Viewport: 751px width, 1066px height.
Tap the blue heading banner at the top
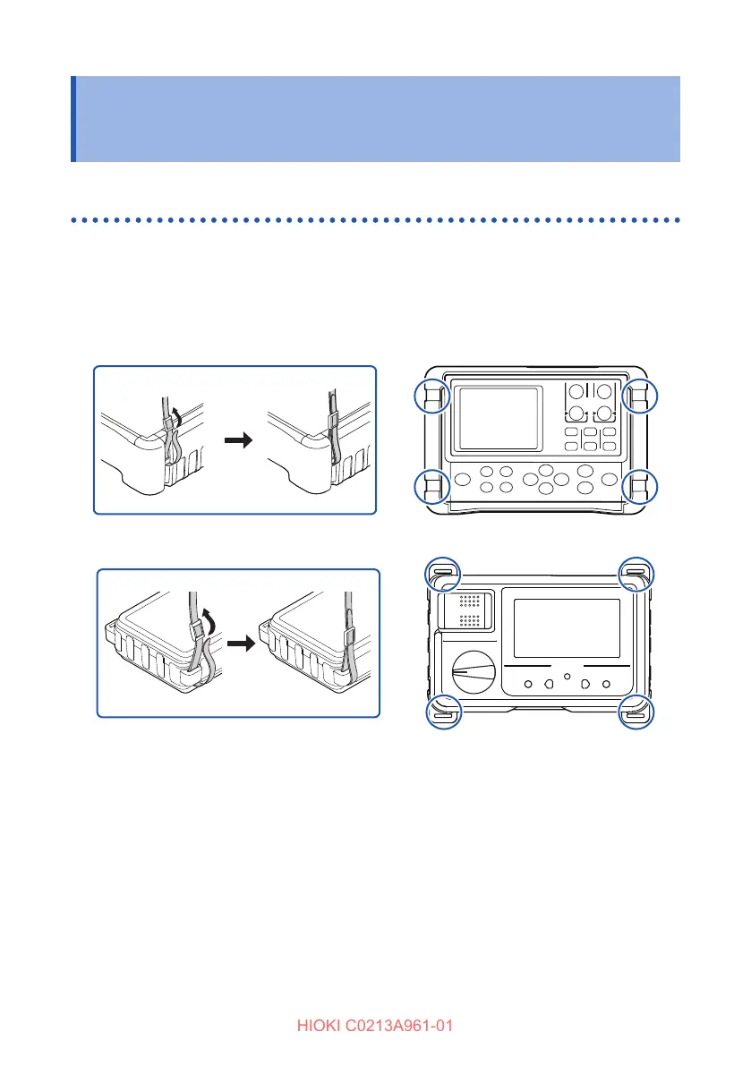376,118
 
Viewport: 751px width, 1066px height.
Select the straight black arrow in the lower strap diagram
238,644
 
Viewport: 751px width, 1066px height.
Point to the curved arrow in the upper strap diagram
177,414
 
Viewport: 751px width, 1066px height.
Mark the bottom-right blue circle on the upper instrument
640,485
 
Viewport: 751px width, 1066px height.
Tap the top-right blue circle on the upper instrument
640,396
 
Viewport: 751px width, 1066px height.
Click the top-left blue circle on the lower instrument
440,573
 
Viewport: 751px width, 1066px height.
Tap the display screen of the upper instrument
495,419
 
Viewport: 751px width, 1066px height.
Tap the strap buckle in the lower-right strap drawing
349,636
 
